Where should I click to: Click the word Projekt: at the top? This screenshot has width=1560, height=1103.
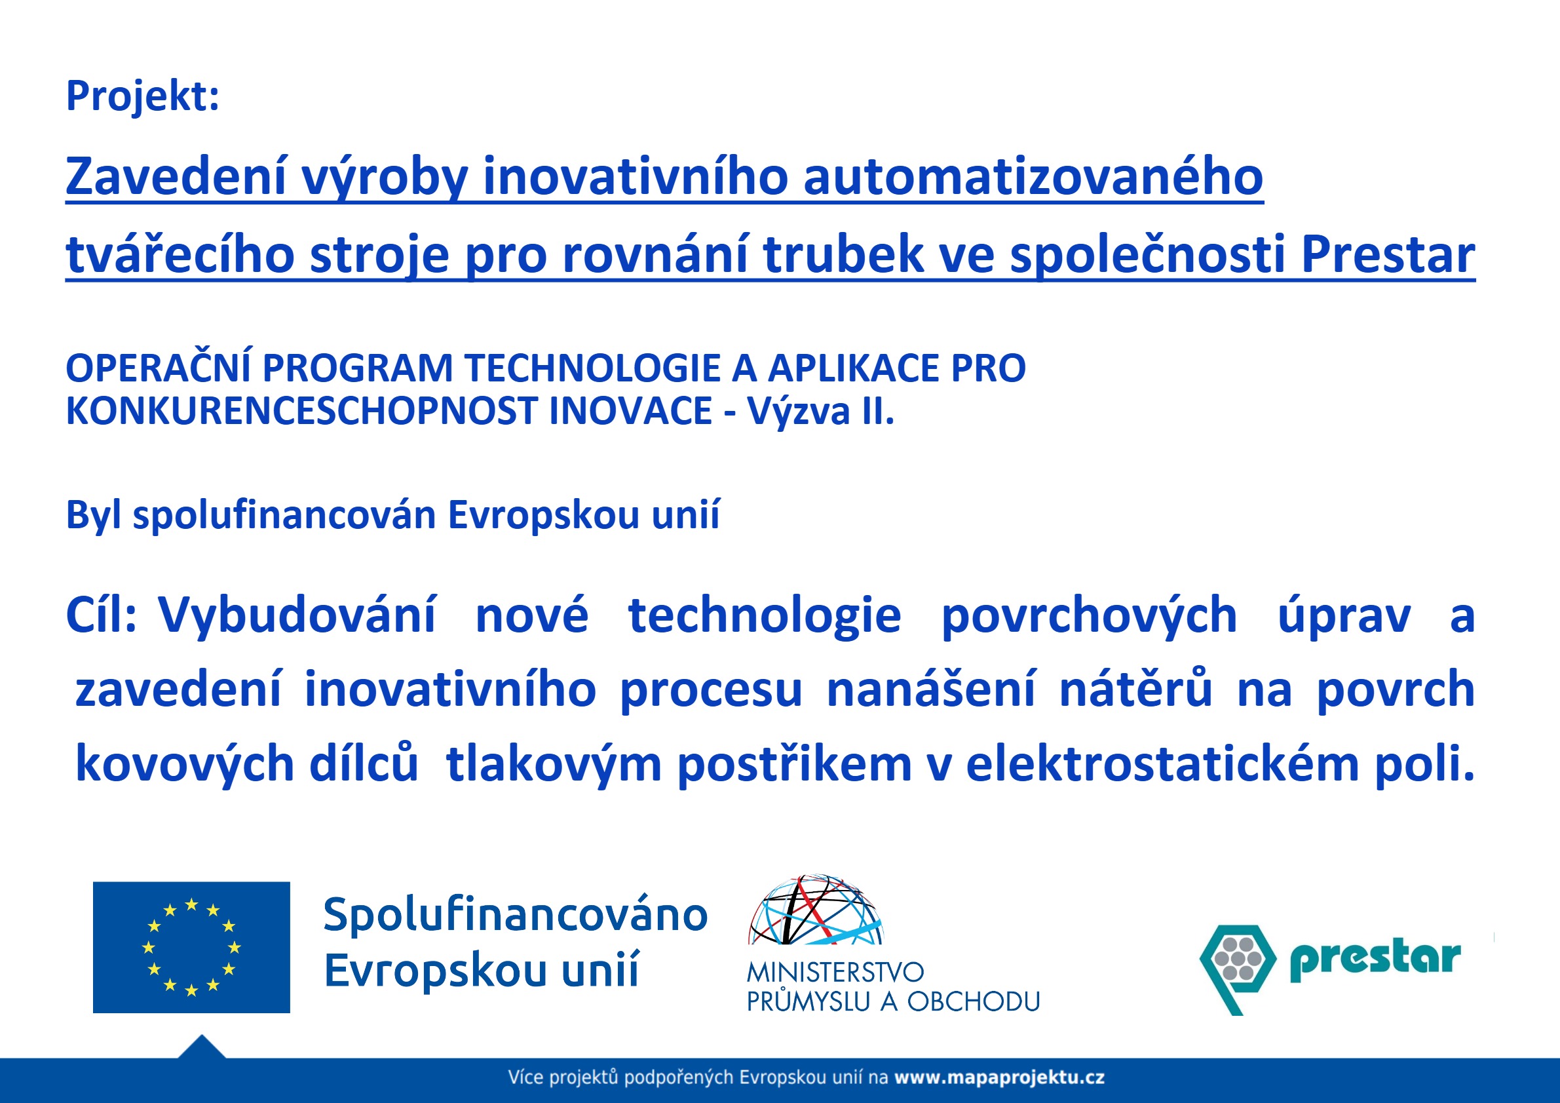[x=143, y=96]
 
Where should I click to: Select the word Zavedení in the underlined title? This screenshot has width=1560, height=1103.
[x=176, y=177]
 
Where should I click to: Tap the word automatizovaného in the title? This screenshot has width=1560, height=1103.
[x=1033, y=177]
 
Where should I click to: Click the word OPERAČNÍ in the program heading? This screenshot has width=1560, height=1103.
[x=159, y=368]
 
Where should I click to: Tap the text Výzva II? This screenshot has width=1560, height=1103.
[x=820, y=411]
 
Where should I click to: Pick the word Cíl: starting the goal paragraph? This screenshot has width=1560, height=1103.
[x=102, y=615]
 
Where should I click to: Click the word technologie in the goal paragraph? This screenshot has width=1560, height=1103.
[x=765, y=615]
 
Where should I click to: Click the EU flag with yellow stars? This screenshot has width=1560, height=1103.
[x=191, y=948]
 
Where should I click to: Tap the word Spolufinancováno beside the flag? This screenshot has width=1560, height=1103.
[x=515, y=915]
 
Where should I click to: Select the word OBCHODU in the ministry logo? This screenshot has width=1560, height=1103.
[x=973, y=1001]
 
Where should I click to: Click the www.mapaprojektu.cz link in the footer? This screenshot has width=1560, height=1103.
[x=999, y=1078]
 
